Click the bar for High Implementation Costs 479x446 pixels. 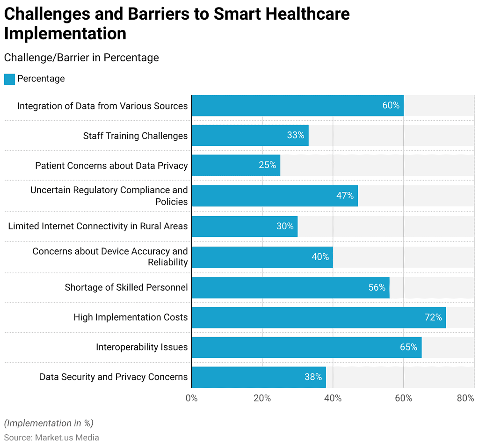coord(318,317)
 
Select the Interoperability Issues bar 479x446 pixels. coord(306,347)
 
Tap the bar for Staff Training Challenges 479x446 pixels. coord(250,136)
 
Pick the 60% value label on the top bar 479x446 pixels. coord(391,105)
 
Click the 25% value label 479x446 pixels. coord(267,165)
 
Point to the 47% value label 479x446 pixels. coord(345,196)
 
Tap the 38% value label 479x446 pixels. coord(313,377)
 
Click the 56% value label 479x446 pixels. coord(377,287)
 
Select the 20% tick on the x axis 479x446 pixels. coord(262,398)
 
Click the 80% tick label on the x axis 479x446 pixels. coord(465,398)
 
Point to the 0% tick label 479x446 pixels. coord(191,398)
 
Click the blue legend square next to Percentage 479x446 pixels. coord(9,79)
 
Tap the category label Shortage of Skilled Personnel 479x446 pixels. coord(126,287)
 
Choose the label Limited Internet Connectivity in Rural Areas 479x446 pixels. coord(98,227)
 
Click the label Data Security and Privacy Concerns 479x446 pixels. coord(113,377)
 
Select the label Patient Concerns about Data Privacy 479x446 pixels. coord(111,166)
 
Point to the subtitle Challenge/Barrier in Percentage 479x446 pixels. coord(81,58)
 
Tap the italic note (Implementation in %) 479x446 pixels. coord(49,423)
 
